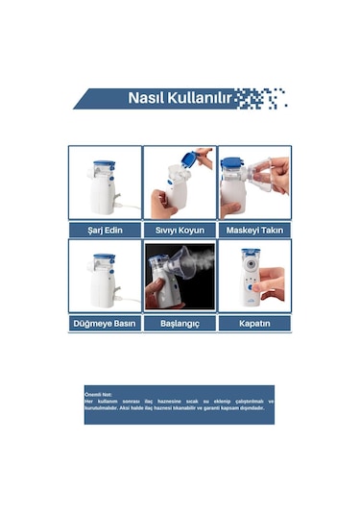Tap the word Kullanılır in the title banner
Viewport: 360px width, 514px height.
coord(199,98)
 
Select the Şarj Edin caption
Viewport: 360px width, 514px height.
coord(105,231)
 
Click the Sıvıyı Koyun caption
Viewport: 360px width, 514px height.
coord(180,231)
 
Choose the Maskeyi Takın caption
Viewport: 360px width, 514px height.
coord(254,231)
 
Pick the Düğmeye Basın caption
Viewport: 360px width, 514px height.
coord(105,324)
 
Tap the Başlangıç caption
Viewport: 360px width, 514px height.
coord(180,324)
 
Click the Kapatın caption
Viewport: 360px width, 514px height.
coord(254,324)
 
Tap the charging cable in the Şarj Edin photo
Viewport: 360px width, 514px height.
coord(119,208)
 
